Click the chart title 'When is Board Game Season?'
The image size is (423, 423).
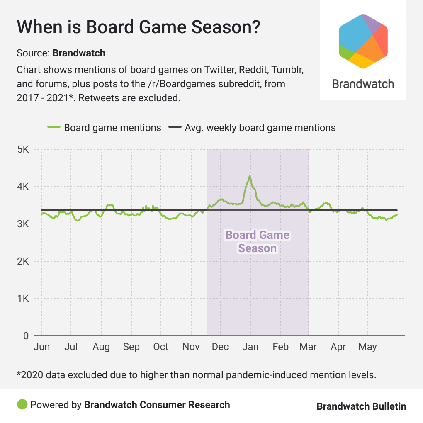pyautogui.click(x=139, y=27)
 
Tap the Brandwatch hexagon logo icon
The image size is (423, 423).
pyautogui.click(x=363, y=41)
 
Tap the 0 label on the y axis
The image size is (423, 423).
pyautogui.click(x=25, y=336)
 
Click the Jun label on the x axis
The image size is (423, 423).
pyautogui.click(x=41, y=347)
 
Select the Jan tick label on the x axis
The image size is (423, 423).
pyautogui.click(x=250, y=347)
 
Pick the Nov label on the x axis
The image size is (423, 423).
pyautogui.click(x=191, y=347)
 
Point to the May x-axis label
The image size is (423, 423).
pyautogui.click(x=368, y=347)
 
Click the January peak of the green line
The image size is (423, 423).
pyautogui.click(x=250, y=176)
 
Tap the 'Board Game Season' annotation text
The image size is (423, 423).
pyautogui.click(x=257, y=242)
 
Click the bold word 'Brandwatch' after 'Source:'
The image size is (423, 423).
pyautogui.click(x=79, y=53)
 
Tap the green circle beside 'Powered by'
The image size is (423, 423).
pyautogui.click(x=22, y=404)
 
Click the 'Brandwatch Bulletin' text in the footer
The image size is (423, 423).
pyautogui.click(x=361, y=406)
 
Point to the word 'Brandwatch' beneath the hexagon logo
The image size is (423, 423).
pyautogui.click(x=363, y=84)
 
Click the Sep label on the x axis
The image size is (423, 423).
pyautogui.click(x=131, y=347)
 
